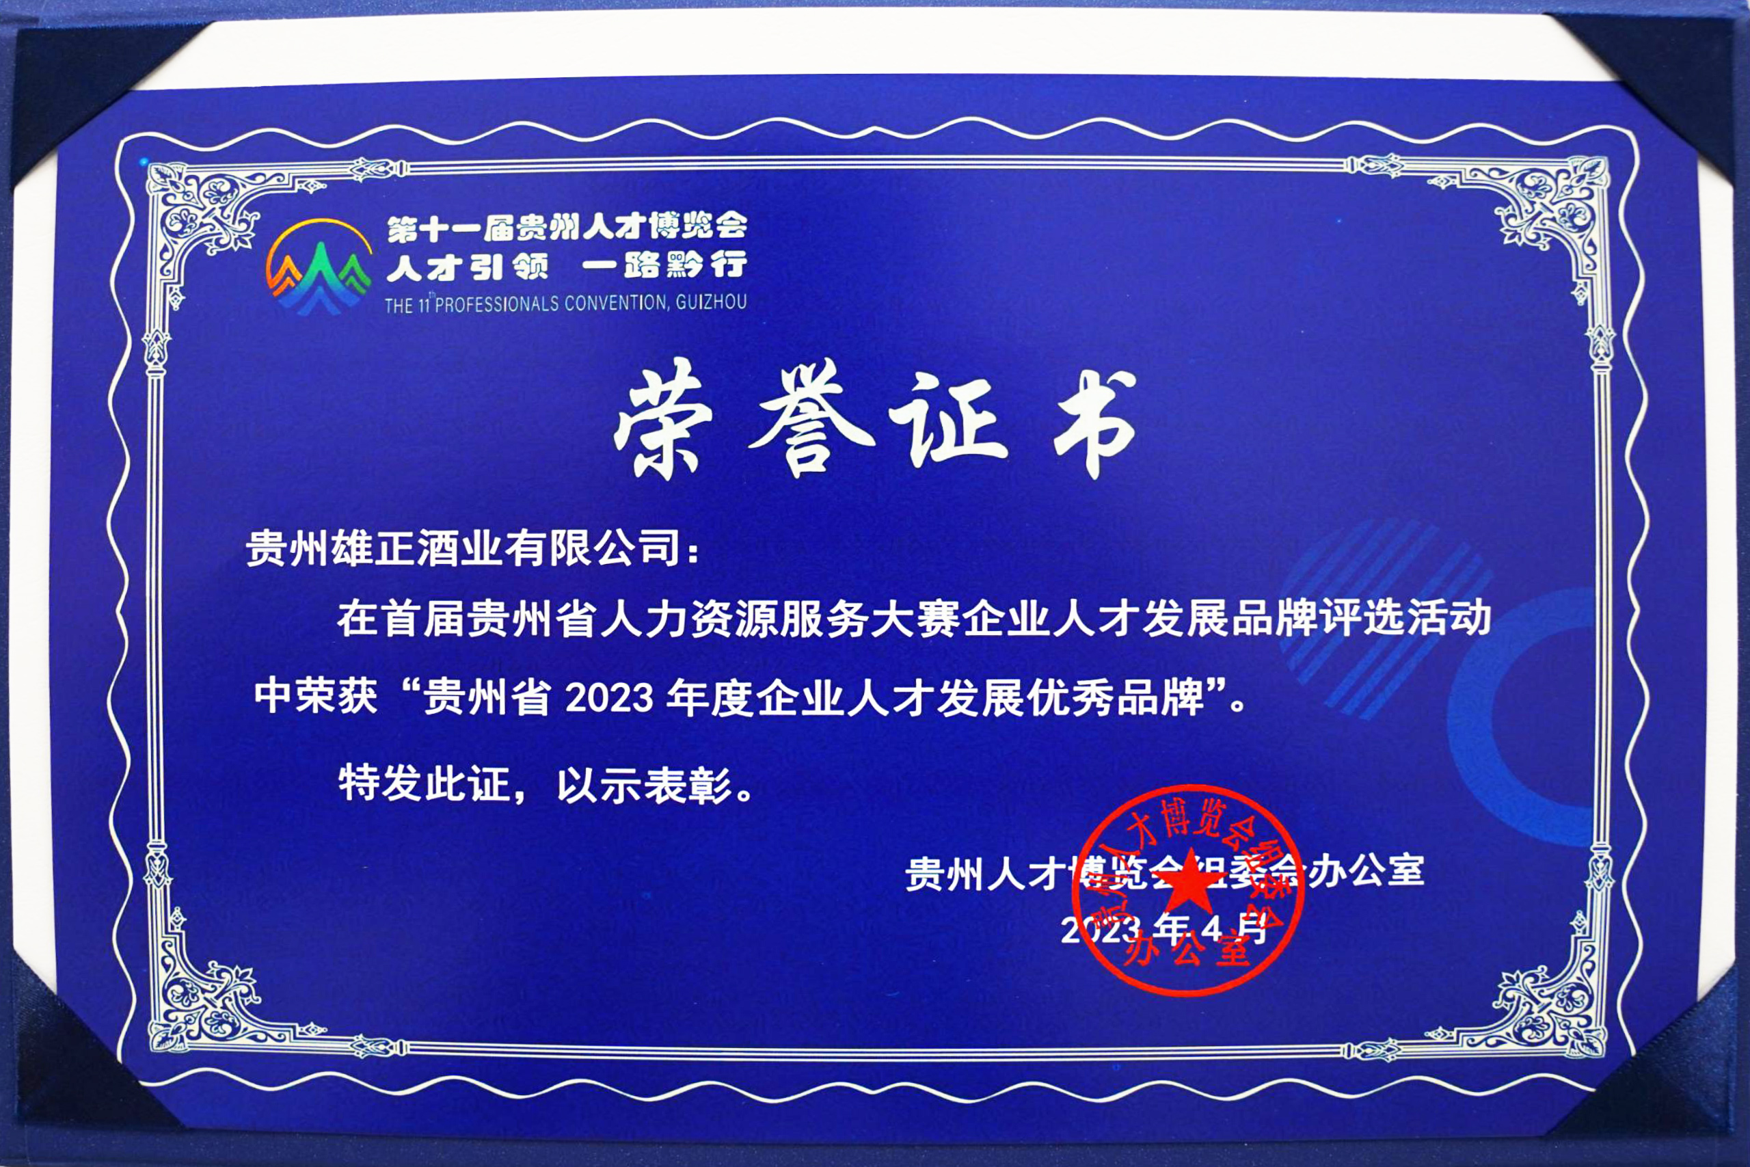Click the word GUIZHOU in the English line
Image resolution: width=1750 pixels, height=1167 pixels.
(710, 301)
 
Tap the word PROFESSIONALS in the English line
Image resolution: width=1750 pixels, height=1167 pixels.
(496, 304)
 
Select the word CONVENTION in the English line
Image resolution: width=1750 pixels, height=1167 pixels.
(616, 302)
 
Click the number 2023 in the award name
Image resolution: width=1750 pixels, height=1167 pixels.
(609, 698)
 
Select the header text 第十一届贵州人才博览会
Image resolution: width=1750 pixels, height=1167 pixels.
(566, 227)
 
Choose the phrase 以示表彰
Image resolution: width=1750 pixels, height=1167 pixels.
(645, 784)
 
